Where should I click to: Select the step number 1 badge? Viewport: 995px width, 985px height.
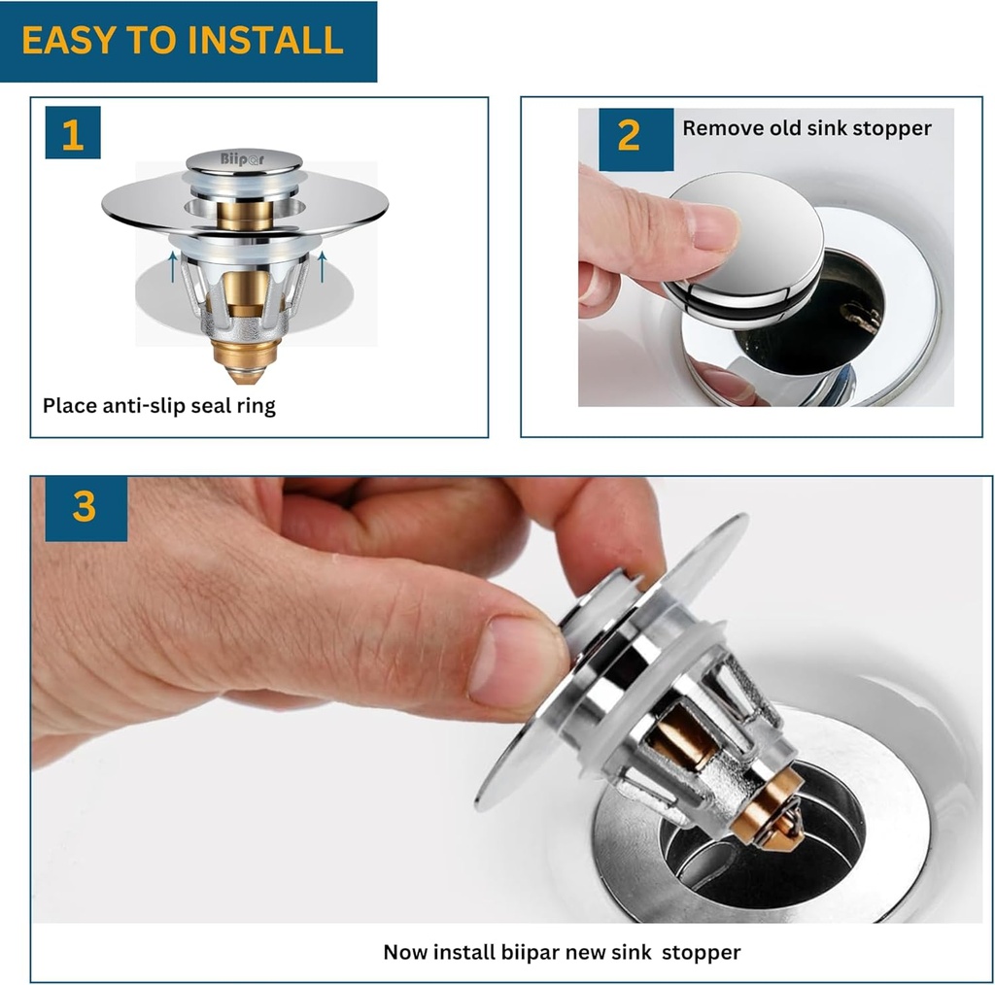(x=73, y=133)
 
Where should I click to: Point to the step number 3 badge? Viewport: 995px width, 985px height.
(x=86, y=507)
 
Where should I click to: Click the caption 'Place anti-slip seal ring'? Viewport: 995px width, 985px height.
(x=159, y=406)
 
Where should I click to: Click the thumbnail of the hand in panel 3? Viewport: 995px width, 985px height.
(x=516, y=660)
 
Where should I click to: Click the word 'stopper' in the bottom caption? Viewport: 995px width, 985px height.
(x=702, y=951)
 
